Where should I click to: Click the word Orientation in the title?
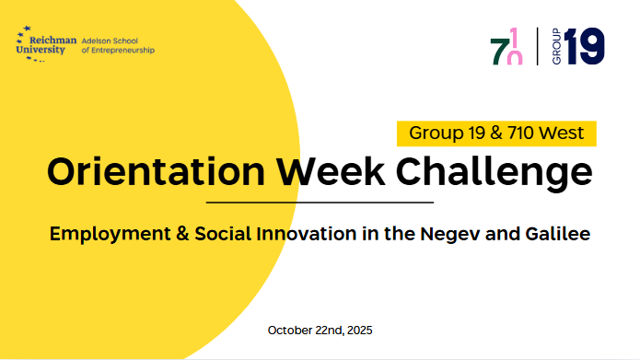pyautogui.click(x=157, y=172)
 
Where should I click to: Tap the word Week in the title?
pyautogui.click(x=331, y=172)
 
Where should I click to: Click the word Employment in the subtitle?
pyautogui.click(x=110, y=234)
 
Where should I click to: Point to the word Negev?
pyautogui.click(x=450, y=234)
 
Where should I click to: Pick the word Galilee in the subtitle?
pyautogui.click(x=558, y=234)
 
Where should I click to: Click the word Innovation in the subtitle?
pyautogui.click(x=307, y=234)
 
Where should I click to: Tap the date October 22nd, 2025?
pyautogui.click(x=320, y=331)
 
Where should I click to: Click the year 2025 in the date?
pyautogui.click(x=359, y=331)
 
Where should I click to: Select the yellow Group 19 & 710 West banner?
pyautogui.click(x=496, y=134)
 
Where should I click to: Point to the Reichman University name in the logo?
pyautogui.click(x=46, y=45)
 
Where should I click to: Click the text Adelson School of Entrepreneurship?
pyautogui.click(x=118, y=46)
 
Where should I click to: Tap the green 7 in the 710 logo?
pyautogui.click(x=498, y=52)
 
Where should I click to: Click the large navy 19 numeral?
pyautogui.click(x=584, y=46)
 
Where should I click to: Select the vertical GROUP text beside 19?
pyautogui.click(x=556, y=46)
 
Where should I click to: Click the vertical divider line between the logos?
pyautogui.click(x=537, y=46)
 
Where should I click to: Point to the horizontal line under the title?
pyautogui.click(x=320, y=202)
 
